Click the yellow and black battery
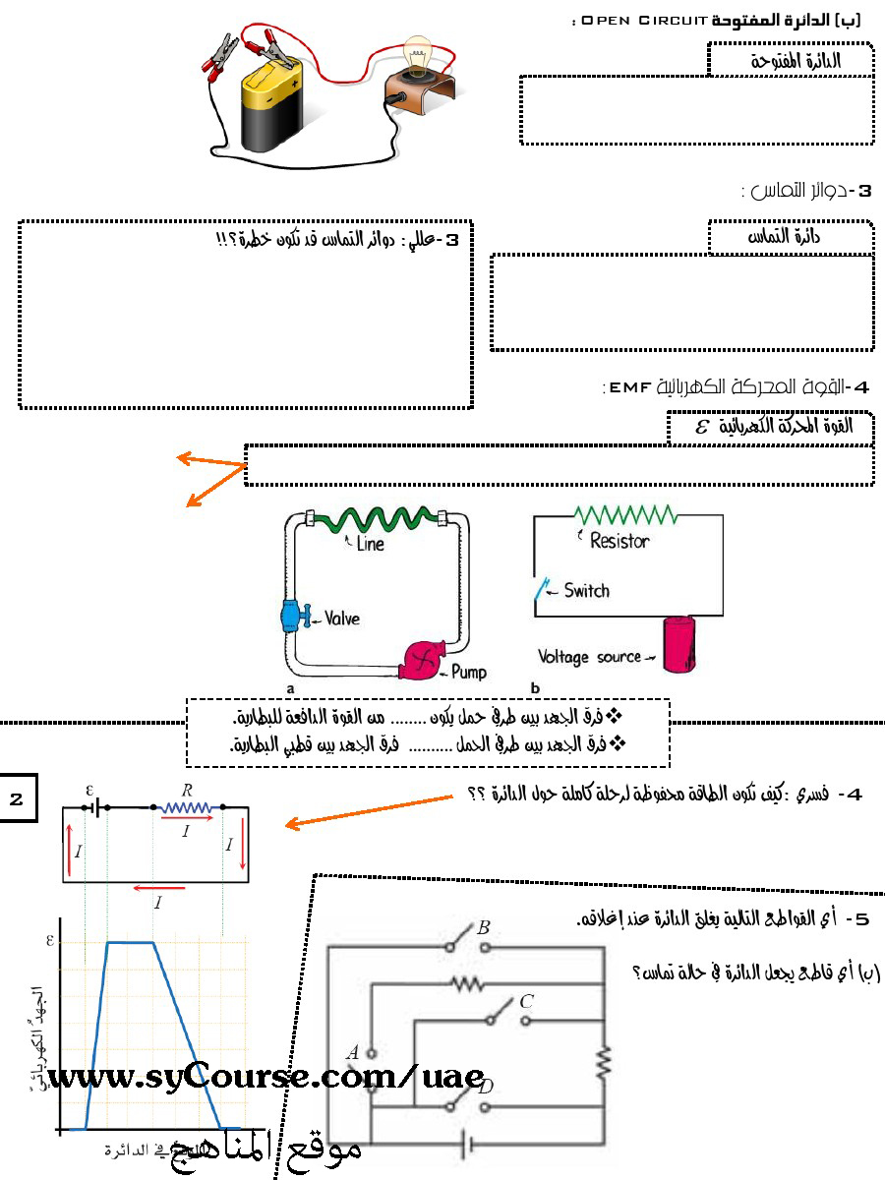275,108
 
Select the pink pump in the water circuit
422,660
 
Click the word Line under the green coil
371,544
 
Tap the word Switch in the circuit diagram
586,591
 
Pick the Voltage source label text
589,656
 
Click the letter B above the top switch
483,927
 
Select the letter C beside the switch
526,1002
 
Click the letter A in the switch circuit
352,1053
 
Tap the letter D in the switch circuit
485,1087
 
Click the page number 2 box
17,798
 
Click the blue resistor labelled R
187,808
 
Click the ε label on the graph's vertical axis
49,940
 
